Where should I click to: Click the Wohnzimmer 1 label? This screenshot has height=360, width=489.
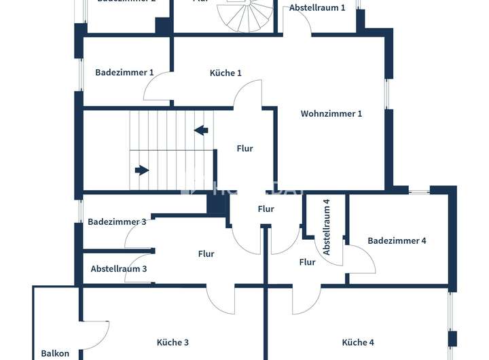pyautogui.click(x=331, y=113)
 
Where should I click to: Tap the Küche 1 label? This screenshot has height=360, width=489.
pyautogui.click(x=225, y=73)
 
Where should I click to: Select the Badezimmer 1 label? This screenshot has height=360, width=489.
pyautogui.click(x=124, y=72)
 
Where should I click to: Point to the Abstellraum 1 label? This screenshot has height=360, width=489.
pyautogui.click(x=317, y=7)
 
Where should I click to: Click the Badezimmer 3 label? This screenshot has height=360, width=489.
pyautogui.click(x=117, y=221)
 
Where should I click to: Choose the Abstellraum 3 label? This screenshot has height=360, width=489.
pyautogui.click(x=119, y=268)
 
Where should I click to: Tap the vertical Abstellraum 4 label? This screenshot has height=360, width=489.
pyautogui.click(x=327, y=227)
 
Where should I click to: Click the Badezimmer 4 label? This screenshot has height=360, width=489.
pyautogui.click(x=397, y=240)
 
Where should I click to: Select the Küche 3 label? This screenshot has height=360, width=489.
pyautogui.click(x=173, y=342)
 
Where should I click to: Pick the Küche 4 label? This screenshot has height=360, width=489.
pyautogui.click(x=358, y=342)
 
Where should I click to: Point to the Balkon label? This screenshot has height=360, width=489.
pyautogui.click(x=55, y=353)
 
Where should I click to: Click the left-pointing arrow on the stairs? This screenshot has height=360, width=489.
pyautogui.click(x=202, y=130)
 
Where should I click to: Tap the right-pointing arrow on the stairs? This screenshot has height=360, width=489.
pyautogui.click(x=141, y=170)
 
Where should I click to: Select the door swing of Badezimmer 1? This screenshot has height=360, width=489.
pyautogui.click(x=157, y=87)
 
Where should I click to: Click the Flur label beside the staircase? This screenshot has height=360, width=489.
pyautogui.click(x=244, y=148)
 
